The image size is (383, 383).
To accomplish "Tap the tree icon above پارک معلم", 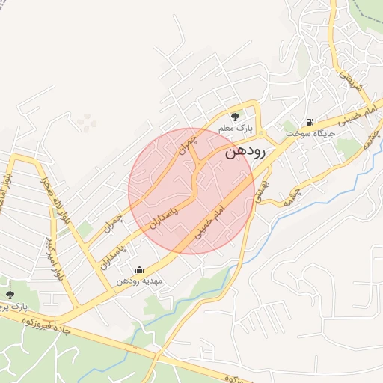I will click(235, 117).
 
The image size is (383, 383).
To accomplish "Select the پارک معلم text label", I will click(235, 129).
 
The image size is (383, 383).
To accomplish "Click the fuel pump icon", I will click(308, 122).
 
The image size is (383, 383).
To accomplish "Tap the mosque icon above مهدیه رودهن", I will click(139, 270).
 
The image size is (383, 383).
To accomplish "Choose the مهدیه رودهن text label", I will click(144, 282).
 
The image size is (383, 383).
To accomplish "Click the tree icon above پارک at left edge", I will click(9, 295).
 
